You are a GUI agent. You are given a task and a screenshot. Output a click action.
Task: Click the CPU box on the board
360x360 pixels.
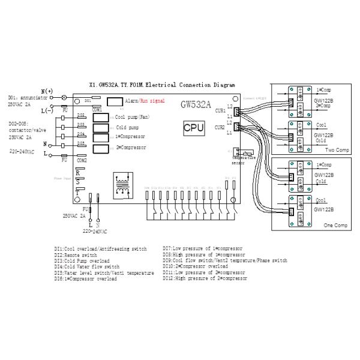point(194,128)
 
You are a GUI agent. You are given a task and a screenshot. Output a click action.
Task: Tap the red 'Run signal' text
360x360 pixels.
point(152,103)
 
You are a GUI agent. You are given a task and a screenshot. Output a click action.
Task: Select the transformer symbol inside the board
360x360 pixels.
point(124,184)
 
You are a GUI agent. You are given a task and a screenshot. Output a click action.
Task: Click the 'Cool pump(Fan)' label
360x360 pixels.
point(134,118)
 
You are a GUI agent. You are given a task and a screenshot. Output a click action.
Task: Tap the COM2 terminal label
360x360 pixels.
point(82,160)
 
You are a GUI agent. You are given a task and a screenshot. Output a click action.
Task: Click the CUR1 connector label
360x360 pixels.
point(220,110)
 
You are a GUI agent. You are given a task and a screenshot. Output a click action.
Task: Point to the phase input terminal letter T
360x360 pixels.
point(78,190)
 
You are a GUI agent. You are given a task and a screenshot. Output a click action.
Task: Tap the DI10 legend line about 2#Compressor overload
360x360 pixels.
point(195,266)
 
